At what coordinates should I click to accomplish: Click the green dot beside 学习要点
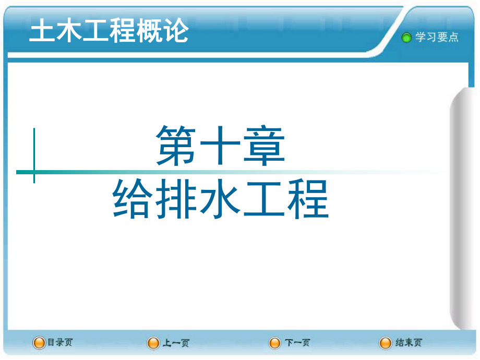pyautogui.click(x=406, y=38)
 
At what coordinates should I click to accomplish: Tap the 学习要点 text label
pyautogui.click(x=437, y=37)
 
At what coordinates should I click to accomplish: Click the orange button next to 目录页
pyautogui.click(x=39, y=343)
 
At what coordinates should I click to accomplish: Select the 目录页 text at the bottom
pyautogui.click(x=60, y=342)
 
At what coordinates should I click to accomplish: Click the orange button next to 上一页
pyautogui.click(x=153, y=343)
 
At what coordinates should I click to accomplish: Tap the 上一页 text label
pyautogui.click(x=176, y=343)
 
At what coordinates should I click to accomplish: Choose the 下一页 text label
pyautogui.click(x=297, y=343)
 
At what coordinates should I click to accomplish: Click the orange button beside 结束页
pyautogui.click(x=385, y=343)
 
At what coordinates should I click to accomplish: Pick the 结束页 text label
pyautogui.click(x=409, y=342)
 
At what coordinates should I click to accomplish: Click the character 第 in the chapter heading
pyautogui.click(x=176, y=146)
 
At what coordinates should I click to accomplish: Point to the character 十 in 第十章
pyautogui.click(x=220, y=146)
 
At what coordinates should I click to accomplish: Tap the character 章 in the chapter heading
pyautogui.click(x=264, y=146)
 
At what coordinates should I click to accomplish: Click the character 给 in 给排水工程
pyautogui.click(x=133, y=199)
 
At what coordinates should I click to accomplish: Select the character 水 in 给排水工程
pyautogui.click(x=220, y=199)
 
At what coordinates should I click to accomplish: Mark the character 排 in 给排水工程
pyautogui.click(x=176, y=199)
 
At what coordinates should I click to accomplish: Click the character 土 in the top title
pyautogui.click(x=42, y=30)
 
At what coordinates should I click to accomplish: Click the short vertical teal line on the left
pyautogui.click(x=34, y=155)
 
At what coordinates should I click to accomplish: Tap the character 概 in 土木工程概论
pyautogui.click(x=149, y=30)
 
